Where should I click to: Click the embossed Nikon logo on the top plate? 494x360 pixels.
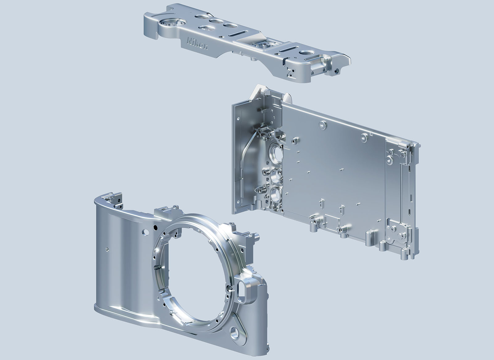pyautogui.click(x=197, y=44)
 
